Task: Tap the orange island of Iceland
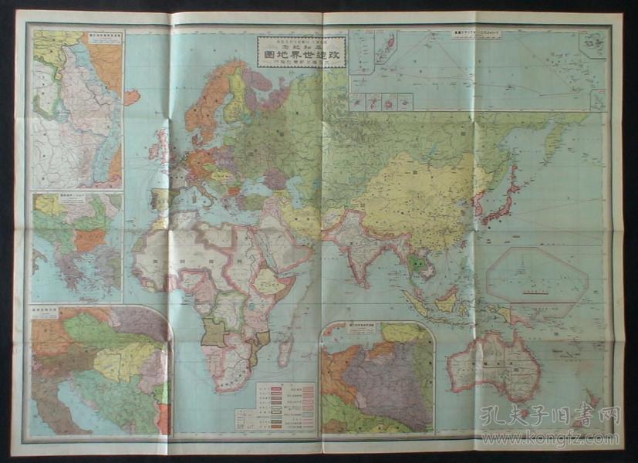131,97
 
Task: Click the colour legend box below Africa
285,406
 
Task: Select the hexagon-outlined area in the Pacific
538,276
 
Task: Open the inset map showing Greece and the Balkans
76,248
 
